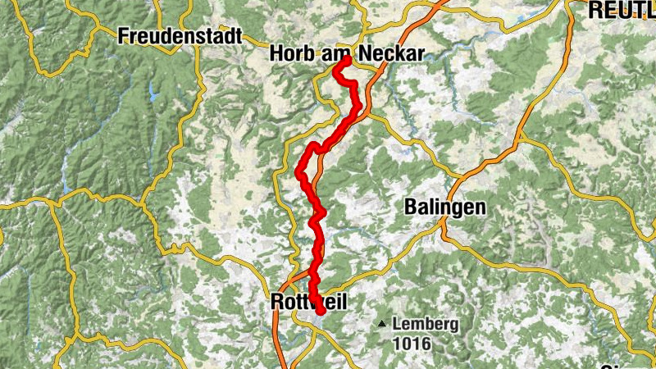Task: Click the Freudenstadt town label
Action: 180,36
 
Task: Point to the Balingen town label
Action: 444,207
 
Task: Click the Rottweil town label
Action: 307,303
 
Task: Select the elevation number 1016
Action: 412,344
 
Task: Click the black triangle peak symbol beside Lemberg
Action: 382,324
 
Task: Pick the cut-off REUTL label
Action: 622,10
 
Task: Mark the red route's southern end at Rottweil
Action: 320,310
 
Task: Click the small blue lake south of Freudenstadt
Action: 152,92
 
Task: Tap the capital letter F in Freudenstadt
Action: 123,36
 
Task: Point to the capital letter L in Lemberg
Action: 396,324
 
